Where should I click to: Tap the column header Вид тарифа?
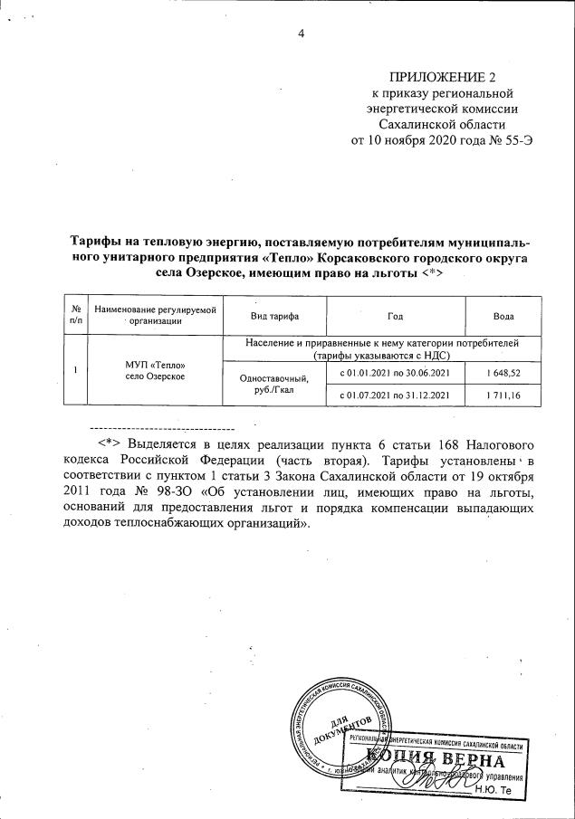274,316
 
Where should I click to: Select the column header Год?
394,316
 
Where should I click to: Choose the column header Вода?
503,316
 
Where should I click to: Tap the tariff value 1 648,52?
503,373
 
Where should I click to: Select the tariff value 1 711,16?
503,395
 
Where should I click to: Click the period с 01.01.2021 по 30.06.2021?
394,373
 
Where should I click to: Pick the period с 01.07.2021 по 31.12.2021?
394,395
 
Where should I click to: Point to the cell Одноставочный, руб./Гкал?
274,385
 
